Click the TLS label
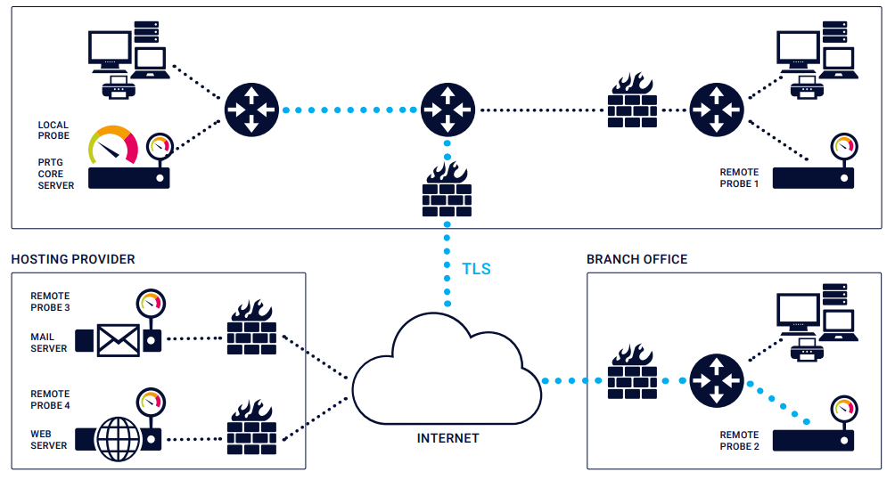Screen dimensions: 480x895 476,269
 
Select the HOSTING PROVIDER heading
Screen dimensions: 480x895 73,259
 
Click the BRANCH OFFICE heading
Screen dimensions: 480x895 636,259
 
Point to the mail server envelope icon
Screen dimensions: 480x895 119,339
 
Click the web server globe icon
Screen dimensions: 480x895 119,437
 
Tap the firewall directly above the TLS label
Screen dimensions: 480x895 447,190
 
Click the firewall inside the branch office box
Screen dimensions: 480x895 632,373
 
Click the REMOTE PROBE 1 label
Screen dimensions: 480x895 739,178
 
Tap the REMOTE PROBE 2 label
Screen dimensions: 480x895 739,441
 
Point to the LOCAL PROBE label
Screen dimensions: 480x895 53,131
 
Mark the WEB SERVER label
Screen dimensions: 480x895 49,440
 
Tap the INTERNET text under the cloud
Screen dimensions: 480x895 447,438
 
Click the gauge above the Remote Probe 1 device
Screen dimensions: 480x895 841,145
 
